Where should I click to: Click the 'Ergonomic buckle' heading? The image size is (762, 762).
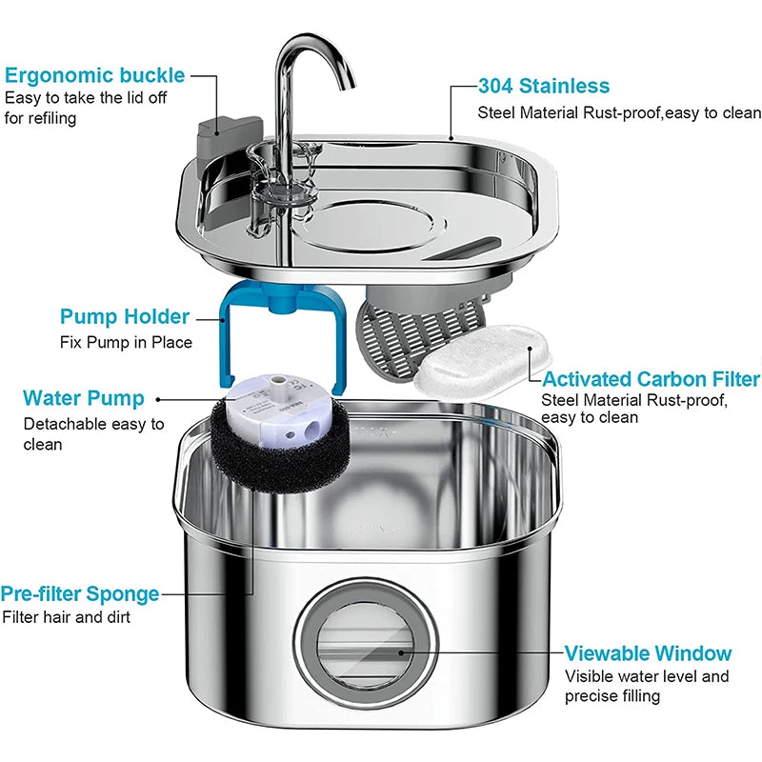pos(95,75)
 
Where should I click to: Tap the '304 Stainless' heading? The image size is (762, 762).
pos(544,87)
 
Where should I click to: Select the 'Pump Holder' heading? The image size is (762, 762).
pos(125,316)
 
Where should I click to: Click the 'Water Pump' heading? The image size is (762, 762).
pos(84,397)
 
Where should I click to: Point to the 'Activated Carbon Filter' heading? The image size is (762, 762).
pos(652,379)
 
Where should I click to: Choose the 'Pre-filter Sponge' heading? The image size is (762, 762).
pos(80,593)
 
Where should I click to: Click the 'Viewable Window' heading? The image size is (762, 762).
pos(648,653)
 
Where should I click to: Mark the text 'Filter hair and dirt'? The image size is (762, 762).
pos(66,617)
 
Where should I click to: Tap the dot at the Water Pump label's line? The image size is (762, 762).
pos(157,400)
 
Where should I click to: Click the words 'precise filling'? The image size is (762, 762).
pos(612,696)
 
